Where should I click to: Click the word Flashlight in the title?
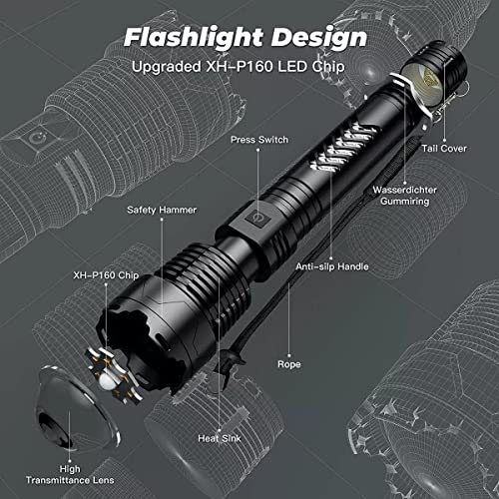(x=194, y=38)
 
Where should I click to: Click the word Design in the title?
(x=319, y=38)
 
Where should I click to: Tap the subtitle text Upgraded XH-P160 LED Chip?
(x=239, y=66)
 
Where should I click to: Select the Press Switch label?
(x=259, y=140)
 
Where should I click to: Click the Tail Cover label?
(x=444, y=149)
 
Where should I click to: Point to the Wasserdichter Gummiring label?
(x=404, y=196)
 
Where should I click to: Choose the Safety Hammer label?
(x=162, y=210)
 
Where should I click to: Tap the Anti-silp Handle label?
(x=332, y=266)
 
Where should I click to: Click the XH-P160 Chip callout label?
(x=106, y=275)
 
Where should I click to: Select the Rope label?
(x=289, y=364)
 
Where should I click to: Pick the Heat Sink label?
(x=220, y=438)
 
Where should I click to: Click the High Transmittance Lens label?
(x=70, y=475)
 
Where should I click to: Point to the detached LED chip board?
(x=113, y=376)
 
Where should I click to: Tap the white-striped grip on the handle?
(x=342, y=147)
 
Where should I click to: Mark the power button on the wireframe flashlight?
(x=37, y=138)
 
